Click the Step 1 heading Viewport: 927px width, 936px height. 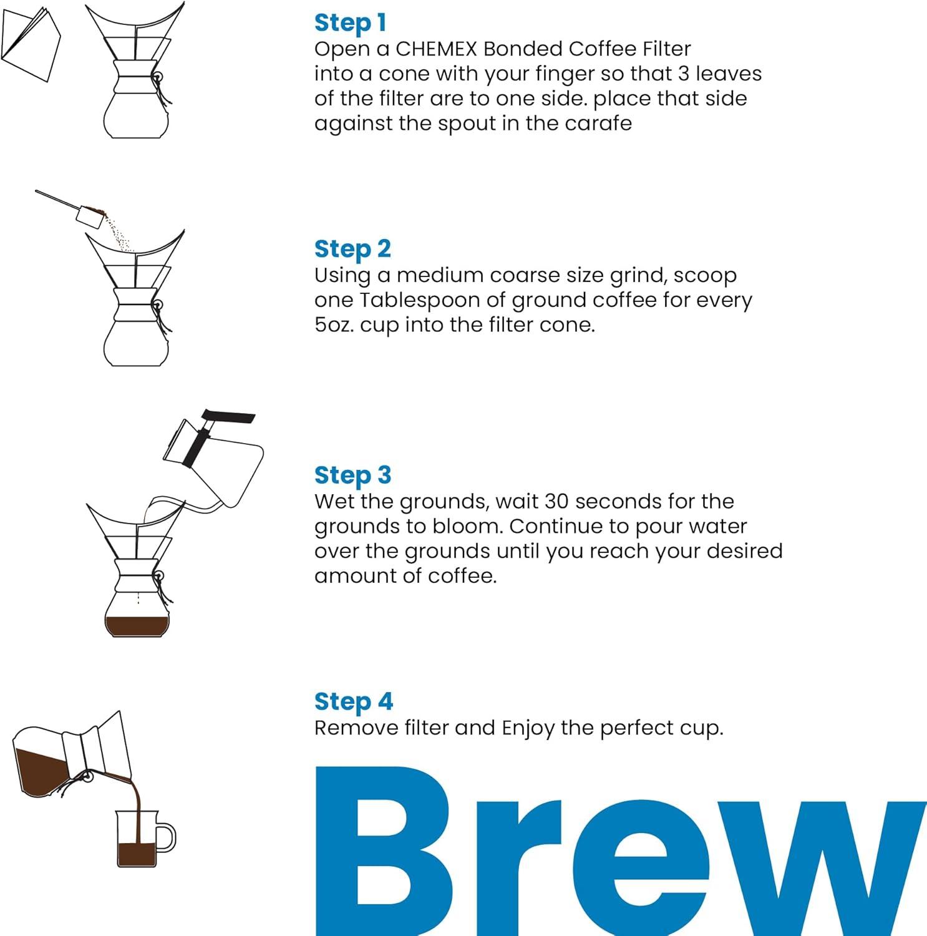point(350,23)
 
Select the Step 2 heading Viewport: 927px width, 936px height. point(352,249)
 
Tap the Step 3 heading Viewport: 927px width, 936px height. point(352,475)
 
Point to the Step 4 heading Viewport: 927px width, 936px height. point(353,701)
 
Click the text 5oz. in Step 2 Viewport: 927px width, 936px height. point(334,325)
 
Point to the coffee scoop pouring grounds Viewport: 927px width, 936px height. point(90,213)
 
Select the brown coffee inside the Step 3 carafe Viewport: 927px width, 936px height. point(137,625)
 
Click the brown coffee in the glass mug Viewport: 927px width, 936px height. point(137,854)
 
